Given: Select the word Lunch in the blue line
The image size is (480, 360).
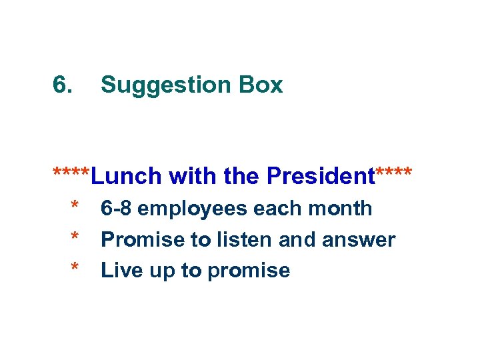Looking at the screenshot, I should coord(127,176).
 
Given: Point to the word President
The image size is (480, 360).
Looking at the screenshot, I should coord(321,176).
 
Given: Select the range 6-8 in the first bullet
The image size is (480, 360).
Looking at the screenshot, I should coord(117,209).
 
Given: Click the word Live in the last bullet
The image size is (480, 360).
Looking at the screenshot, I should coord(119,271).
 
